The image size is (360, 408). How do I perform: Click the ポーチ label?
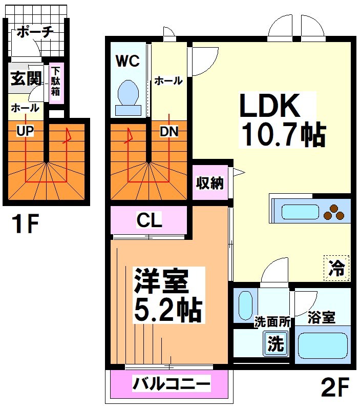click(35, 32)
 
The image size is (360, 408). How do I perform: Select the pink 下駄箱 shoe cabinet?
click(56, 84)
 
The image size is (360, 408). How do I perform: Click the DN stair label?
click(168, 132)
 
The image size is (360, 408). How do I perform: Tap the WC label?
click(128, 62)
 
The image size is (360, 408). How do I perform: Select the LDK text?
click(269, 107)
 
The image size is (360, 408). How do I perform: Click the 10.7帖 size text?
click(283, 135)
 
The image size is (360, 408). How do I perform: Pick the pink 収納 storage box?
click(210, 183)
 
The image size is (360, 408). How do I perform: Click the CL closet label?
click(149, 221)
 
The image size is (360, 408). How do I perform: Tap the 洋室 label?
click(161, 281)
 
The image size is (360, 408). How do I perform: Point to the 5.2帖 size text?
click(167, 309)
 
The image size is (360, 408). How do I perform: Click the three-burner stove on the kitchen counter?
click(336, 212)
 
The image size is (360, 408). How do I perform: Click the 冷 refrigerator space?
click(336, 269)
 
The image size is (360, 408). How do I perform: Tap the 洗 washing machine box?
click(276, 344)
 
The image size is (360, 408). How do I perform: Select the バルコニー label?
click(172, 383)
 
